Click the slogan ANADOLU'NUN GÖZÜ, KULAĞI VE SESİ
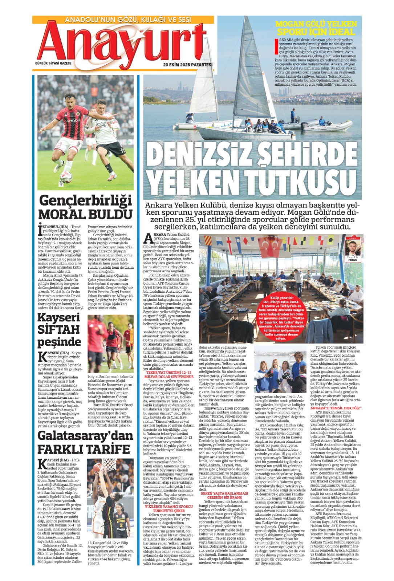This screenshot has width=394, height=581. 128,20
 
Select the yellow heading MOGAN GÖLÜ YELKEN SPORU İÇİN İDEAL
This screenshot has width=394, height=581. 316,28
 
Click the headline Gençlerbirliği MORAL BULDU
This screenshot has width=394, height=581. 85,207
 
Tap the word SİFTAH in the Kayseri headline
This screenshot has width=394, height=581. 58,330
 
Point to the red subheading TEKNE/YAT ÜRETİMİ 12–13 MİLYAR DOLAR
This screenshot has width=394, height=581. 169,375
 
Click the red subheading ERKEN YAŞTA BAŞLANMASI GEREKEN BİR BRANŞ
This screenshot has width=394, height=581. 224,495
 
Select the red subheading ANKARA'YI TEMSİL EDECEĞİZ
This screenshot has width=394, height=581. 336,408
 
